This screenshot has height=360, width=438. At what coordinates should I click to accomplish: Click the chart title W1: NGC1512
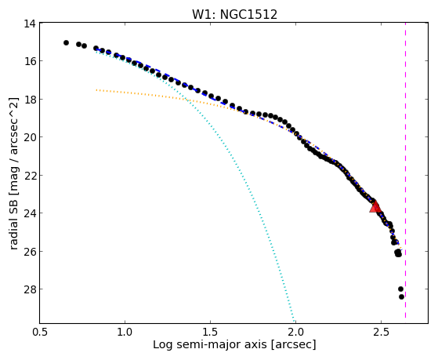coord(234,14)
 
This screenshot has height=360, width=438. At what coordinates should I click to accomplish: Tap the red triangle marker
coord(375,207)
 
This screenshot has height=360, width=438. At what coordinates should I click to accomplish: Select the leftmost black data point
coord(66,43)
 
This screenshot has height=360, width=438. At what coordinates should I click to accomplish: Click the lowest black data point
coord(401,296)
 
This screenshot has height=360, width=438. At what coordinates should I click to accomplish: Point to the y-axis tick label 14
coord(30,24)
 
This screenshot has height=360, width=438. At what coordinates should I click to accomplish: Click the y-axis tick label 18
coord(30,100)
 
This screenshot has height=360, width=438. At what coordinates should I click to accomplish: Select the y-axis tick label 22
coord(30,176)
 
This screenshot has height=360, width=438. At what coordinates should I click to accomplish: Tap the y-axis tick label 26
coord(30,251)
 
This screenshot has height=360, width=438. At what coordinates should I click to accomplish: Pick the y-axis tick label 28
coord(30,289)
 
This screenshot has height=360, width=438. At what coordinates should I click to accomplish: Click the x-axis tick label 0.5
coord(40,332)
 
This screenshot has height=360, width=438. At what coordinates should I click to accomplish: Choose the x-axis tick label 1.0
coord(125,332)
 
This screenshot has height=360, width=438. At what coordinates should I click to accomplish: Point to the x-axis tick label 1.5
coord(210,332)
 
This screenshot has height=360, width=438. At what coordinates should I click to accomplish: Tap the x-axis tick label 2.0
coord(295,332)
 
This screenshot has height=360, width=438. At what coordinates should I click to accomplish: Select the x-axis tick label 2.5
coord(381,332)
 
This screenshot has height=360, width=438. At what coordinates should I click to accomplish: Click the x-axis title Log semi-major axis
coord(210,344)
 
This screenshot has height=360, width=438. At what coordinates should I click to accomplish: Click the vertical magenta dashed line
coord(405,170)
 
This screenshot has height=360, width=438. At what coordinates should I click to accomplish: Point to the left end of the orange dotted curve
coord(96,89)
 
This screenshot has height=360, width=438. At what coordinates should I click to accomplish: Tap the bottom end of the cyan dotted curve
coord(294,321)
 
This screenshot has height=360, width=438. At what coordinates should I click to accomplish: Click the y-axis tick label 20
coord(30,137)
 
